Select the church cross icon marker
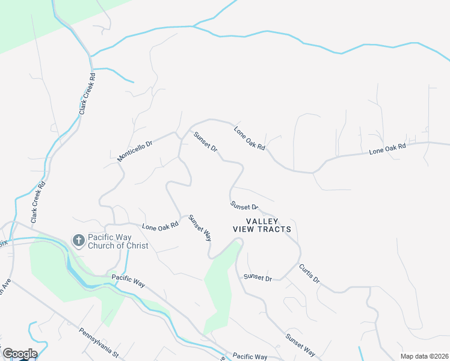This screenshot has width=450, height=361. (x=78, y=241)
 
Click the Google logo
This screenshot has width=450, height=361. (x=20, y=354)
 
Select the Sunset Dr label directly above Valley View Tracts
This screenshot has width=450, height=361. (x=244, y=206)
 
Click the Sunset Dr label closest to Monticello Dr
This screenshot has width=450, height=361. (x=205, y=141)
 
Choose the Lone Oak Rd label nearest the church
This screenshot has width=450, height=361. (x=161, y=226)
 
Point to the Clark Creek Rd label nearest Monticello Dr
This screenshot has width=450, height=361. (x=87, y=95)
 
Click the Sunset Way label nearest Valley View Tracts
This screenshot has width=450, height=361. (x=200, y=227)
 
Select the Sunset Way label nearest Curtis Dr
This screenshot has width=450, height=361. (x=300, y=344)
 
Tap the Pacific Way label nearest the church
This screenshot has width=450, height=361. (x=129, y=281)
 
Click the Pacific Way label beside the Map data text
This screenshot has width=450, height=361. (x=250, y=357)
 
